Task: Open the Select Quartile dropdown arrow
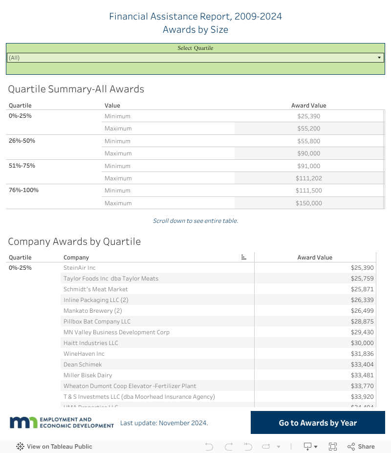point(379,58)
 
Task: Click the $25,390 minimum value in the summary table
point(308,116)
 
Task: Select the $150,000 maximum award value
point(308,203)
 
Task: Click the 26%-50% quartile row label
point(22,141)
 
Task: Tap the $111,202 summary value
point(308,178)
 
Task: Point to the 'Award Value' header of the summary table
point(308,106)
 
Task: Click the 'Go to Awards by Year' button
point(318,423)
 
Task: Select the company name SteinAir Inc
point(80,268)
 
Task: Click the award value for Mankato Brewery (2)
point(362,311)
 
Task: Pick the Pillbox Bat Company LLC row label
point(97,322)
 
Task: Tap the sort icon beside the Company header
point(244,258)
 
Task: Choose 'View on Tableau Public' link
point(54,446)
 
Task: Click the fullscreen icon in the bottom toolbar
point(333,446)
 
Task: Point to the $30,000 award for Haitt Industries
point(362,343)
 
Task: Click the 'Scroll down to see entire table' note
point(195,221)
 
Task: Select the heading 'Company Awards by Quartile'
point(74,241)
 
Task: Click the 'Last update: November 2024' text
point(164,423)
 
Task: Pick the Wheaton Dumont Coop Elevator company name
point(130,386)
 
